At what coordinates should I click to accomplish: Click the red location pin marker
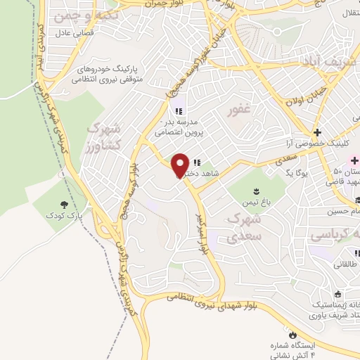181,165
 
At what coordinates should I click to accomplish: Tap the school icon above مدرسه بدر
179,110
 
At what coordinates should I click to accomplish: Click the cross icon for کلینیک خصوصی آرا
317,132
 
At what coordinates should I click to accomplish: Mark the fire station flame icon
293,335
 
